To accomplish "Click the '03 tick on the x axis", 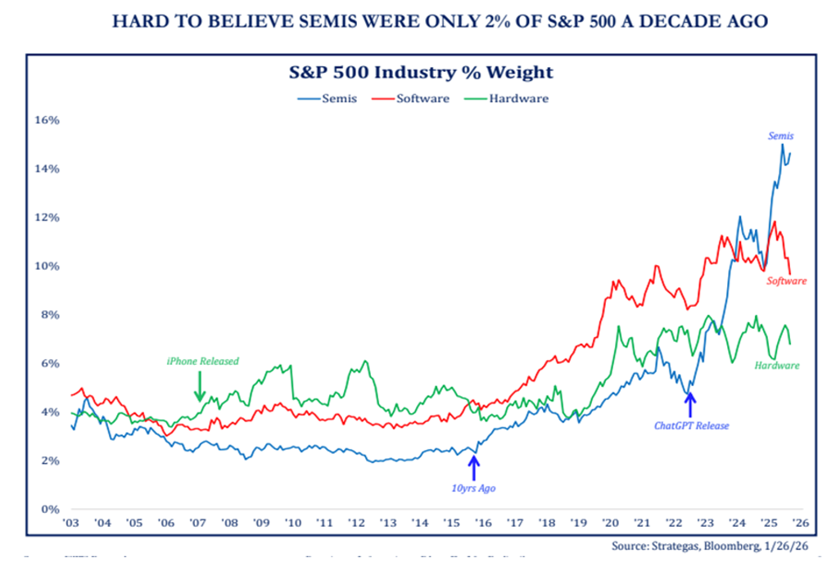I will tap(71, 523).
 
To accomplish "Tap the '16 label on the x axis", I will tap(483, 523).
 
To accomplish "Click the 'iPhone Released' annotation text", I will tap(202, 361).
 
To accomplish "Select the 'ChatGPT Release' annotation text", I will tap(691, 426).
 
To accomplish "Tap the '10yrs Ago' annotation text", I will tap(472, 488).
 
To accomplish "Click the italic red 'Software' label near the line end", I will tap(786, 281).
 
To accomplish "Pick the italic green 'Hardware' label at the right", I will tap(776, 365).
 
